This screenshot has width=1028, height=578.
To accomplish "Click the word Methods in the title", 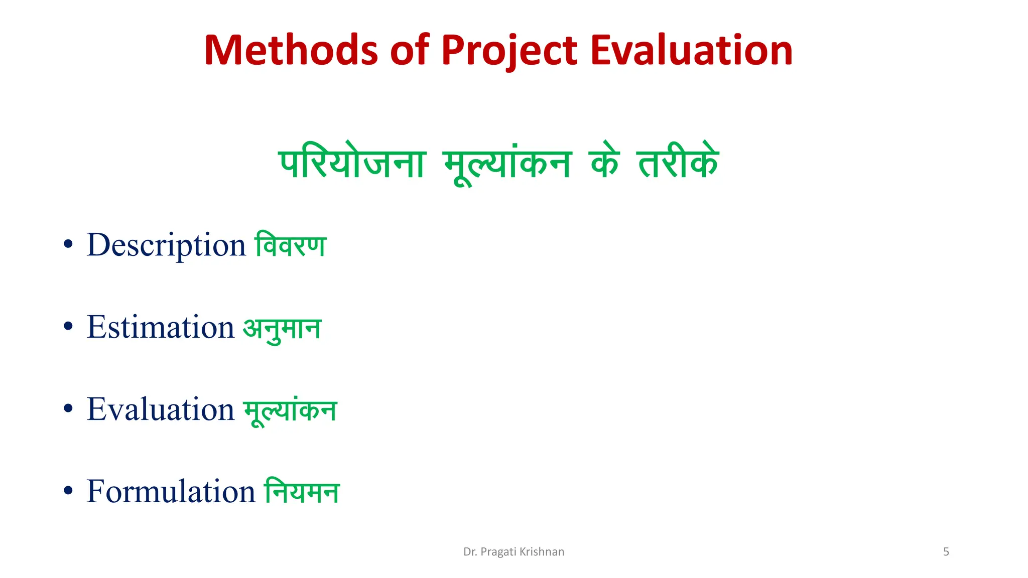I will coord(291,50).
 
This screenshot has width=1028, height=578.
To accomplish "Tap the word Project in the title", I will coord(509,50).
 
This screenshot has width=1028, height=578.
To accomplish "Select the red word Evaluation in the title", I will coord(691,50).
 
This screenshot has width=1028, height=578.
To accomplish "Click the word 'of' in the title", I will coord(410,50).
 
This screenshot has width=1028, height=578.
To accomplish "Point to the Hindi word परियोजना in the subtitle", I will coord(352,164).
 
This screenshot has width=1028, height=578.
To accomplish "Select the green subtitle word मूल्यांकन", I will coord(507,165).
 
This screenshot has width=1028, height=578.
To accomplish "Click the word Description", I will coord(166,245).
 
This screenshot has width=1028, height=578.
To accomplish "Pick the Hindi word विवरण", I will coord(291,245).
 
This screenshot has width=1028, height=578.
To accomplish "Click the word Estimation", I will coord(161,327).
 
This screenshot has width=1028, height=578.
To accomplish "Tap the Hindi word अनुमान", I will coord(282,329).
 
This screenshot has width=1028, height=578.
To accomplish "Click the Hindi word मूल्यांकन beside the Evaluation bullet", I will coord(290,411).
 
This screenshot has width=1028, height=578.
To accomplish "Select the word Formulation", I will coord(171,491).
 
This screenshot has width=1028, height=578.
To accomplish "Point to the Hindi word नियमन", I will coord(302,491).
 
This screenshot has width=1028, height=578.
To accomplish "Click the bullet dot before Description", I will coord(68,245).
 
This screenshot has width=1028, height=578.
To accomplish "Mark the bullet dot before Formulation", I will coord(68,491).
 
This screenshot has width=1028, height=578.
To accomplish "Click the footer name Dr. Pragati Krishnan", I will coord(513,552).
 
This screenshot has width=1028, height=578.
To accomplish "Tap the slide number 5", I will coord(946,552).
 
